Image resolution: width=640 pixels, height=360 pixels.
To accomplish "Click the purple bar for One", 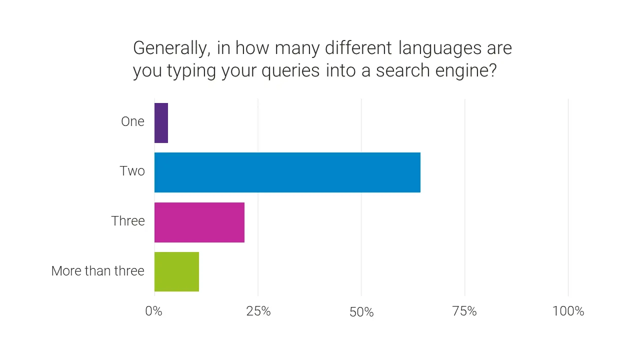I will [x=161, y=123].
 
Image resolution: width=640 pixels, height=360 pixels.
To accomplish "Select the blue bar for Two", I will [x=287, y=172].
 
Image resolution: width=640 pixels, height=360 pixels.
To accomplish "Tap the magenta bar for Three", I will [x=199, y=222].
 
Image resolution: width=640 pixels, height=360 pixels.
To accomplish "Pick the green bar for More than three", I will [x=176, y=271].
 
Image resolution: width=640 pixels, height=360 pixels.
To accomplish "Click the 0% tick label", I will [x=154, y=311].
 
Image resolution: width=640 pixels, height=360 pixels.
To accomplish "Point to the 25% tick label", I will [x=258, y=311].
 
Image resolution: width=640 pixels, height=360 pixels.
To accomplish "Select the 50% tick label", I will [x=361, y=312].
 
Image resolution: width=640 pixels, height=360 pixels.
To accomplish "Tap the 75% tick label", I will [x=464, y=311].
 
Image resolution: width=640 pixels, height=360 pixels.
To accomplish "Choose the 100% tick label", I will [x=568, y=311].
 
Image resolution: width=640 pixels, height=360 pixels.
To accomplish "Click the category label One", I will [x=132, y=121].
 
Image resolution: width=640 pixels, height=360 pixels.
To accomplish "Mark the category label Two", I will [x=132, y=171].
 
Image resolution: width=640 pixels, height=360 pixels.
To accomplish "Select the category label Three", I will [x=128, y=221].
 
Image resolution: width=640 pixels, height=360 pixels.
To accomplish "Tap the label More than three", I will [x=98, y=271].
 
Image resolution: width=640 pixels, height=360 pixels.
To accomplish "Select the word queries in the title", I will [x=291, y=71].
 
